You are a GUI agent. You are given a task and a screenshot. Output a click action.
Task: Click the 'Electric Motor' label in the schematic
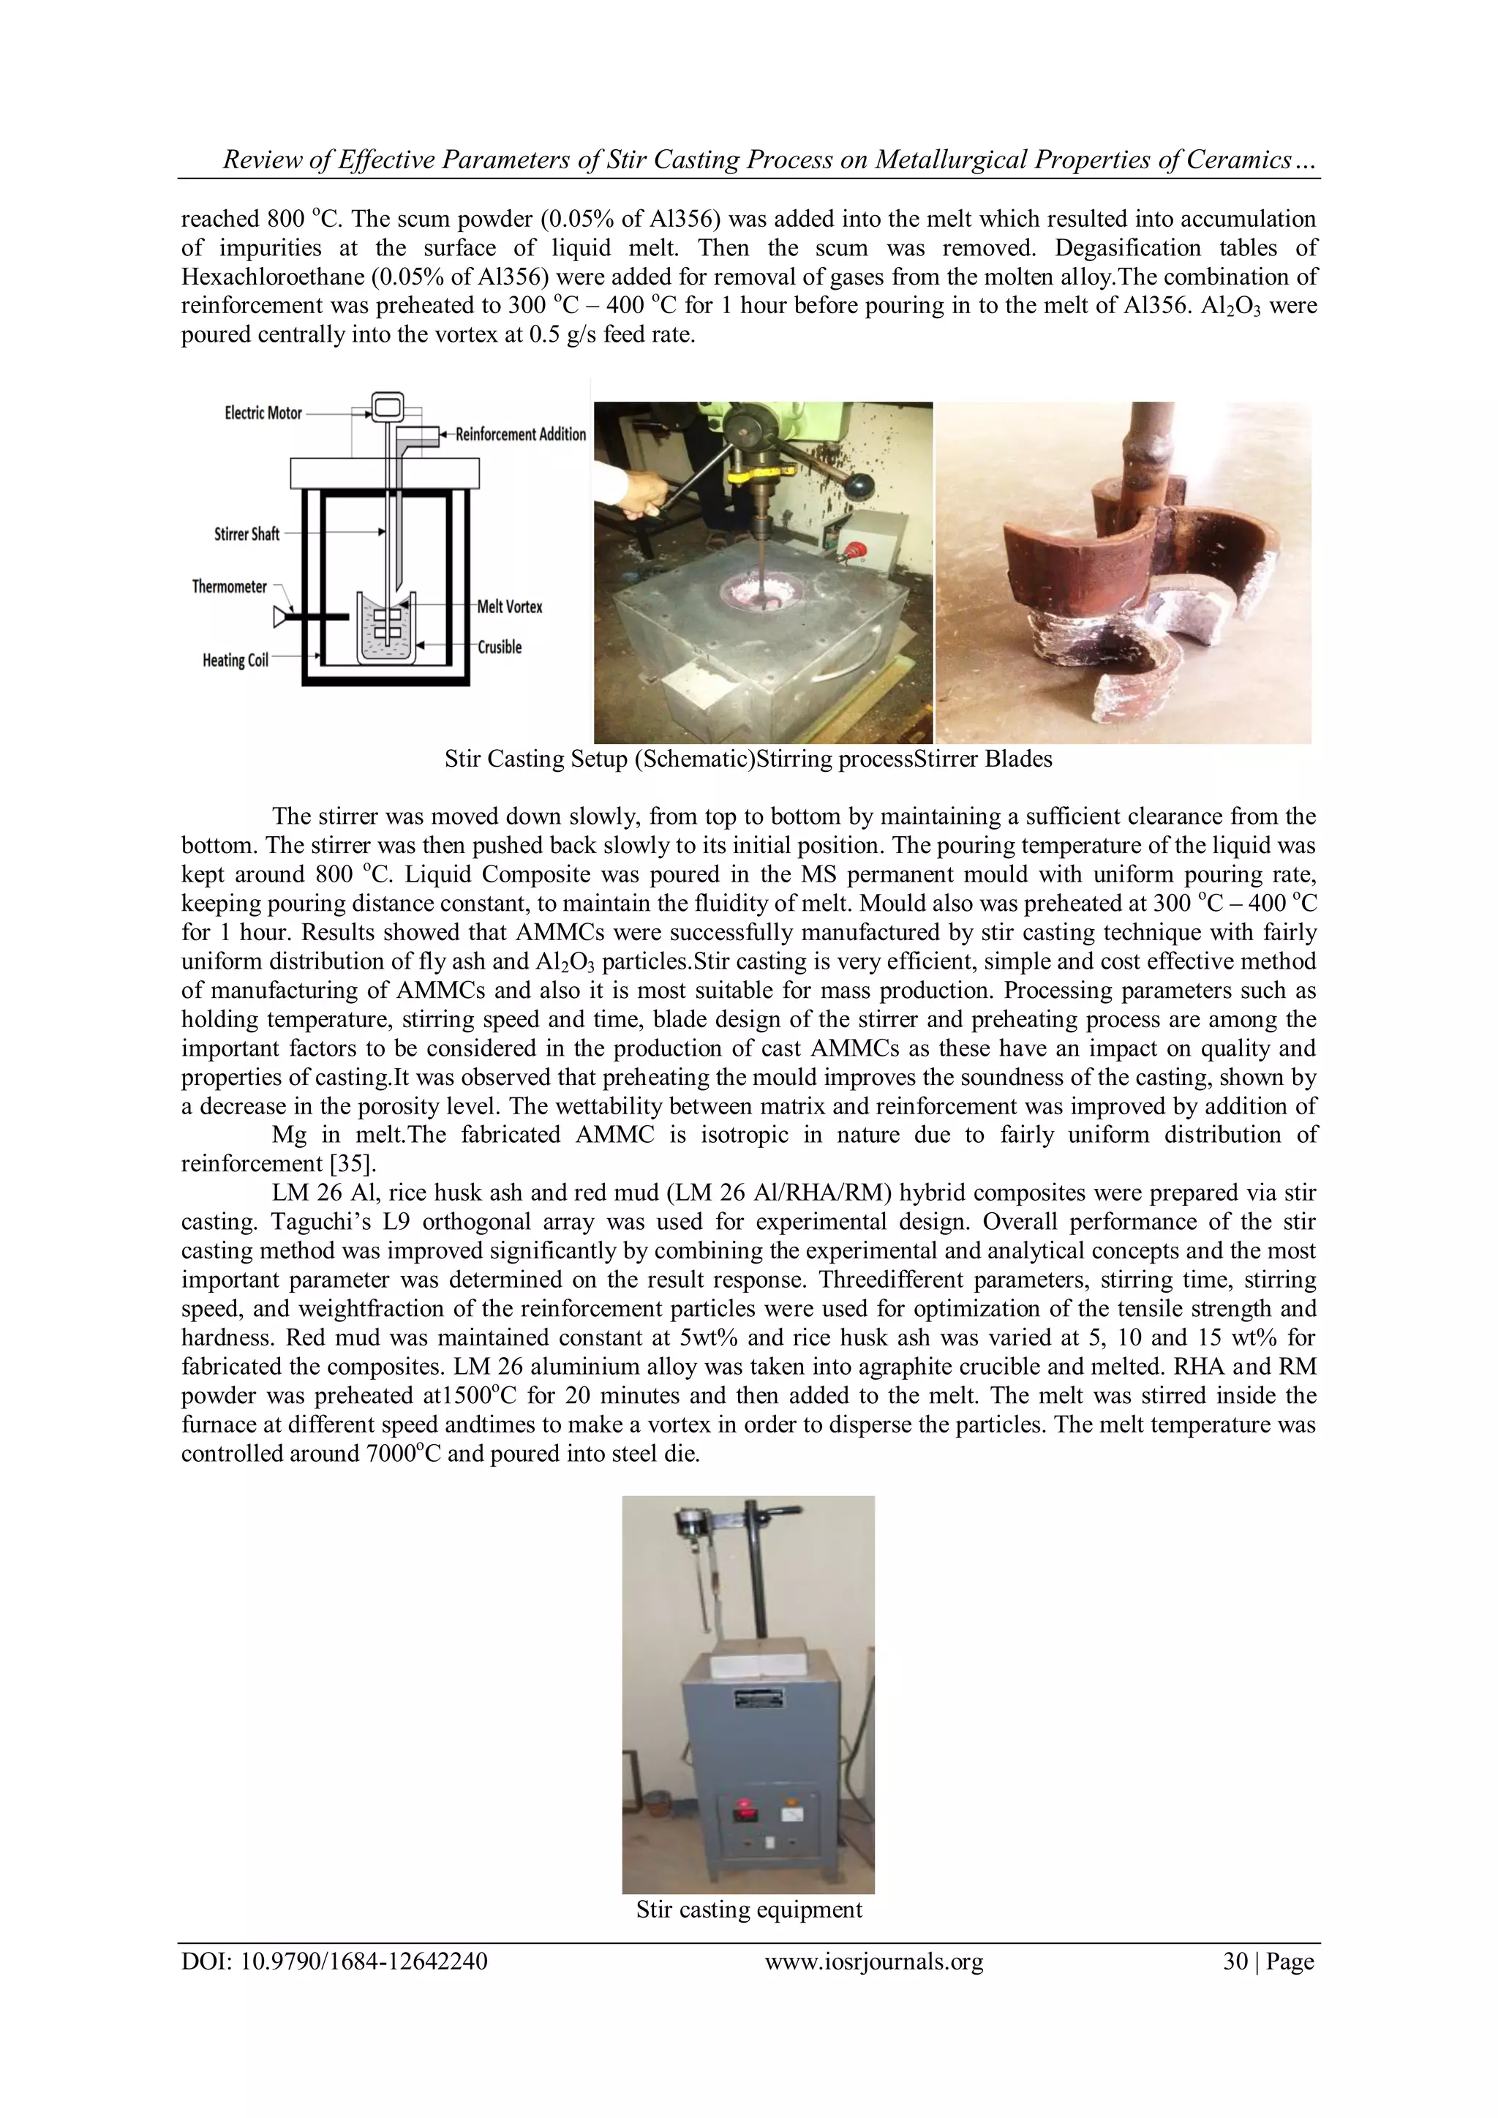tap(263, 413)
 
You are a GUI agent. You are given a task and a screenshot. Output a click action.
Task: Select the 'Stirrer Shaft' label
tap(246, 534)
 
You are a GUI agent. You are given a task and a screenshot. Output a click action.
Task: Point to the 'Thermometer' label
tap(229, 587)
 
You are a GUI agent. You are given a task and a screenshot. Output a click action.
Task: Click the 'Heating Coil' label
tap(236, 661)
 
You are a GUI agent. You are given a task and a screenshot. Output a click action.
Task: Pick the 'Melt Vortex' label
tap(509, 607)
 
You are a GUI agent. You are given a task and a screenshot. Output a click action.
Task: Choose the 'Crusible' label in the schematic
tap(500, 647)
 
